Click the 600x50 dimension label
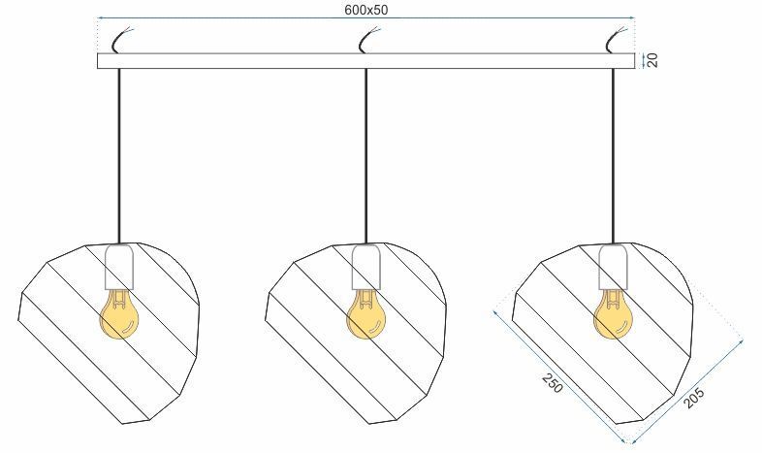[366, 10]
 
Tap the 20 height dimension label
[652, 60]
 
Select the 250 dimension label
[553, 383]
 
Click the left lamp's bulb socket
[119, 267]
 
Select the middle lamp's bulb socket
[366, 267]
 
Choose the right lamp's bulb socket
[614, 267]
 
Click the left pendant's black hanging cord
[118, 155]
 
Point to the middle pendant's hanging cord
[365, 155]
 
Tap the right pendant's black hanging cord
[614, 155]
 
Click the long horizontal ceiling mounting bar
[365, 61]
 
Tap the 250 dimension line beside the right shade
[558, 376]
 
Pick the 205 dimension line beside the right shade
[686, 392]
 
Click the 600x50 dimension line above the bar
[366, 18]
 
